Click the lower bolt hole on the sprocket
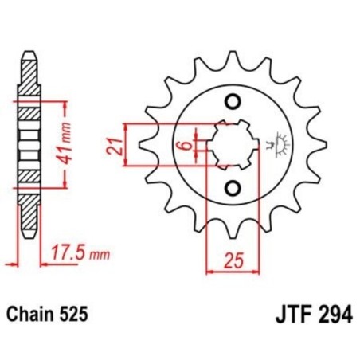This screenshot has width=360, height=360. [x=233, y=188]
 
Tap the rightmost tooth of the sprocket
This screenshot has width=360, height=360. [x=320, y=144]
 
